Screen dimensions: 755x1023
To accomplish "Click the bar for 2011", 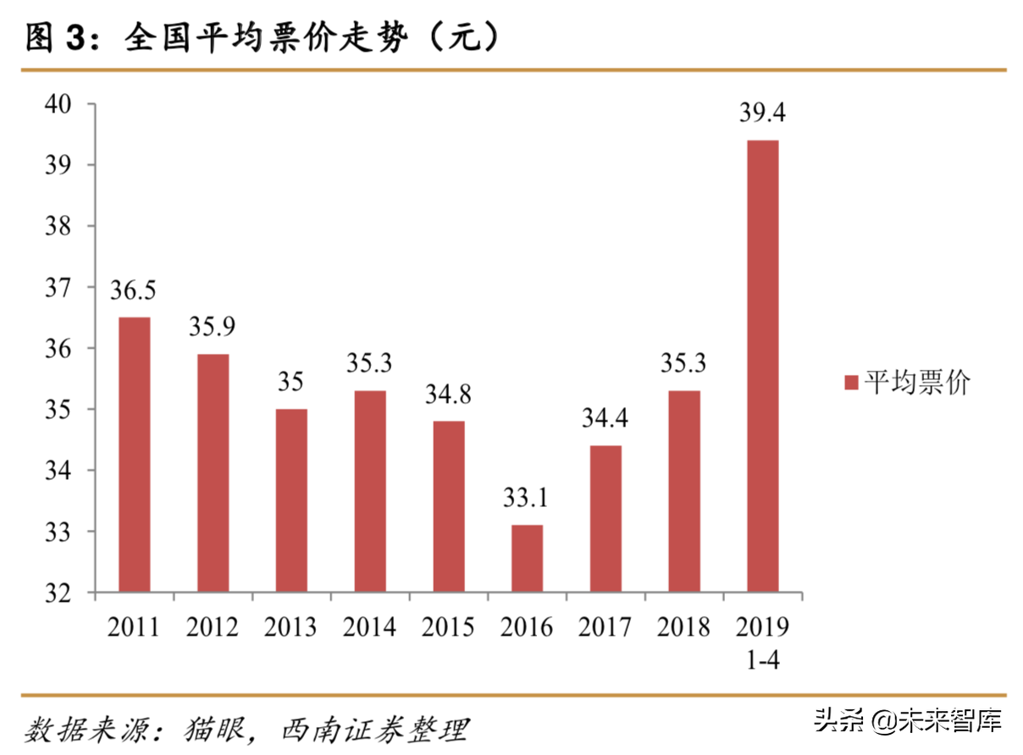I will tap(134, 455).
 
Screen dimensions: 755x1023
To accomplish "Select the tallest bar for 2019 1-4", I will tap(762, 366).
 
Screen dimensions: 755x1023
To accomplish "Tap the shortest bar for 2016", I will tap(527, 559).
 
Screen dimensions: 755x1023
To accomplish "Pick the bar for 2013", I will tap(291, 500).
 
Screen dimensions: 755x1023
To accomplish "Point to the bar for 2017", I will tap(606, 519).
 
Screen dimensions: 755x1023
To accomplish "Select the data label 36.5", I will tap(134, 290).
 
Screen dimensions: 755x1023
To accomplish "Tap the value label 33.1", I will tap(526, 498).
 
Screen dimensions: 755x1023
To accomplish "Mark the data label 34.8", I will tap(448, 394).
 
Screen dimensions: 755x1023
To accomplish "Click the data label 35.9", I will tap(213, 327).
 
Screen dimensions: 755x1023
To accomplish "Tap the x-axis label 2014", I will tap(369, 627).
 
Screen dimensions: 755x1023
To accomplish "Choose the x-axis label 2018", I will tap(683, 627).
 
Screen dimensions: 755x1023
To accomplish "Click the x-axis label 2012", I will tap(213, 627).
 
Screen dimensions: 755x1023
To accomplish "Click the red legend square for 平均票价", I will tap(852, 383).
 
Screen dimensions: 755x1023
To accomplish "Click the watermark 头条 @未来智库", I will tap(908, 721).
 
